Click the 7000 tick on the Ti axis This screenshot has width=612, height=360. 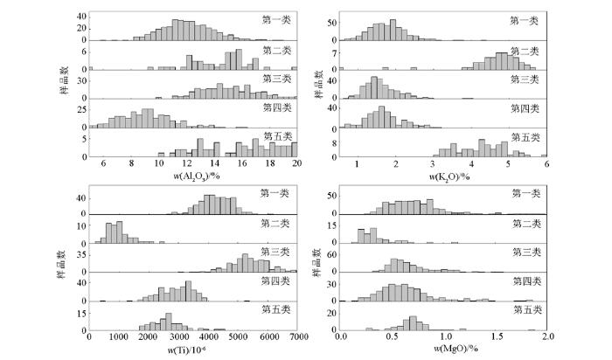pyautogui.click(x=297, y=336)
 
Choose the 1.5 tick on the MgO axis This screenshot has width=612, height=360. pyautogui.click(x=497, y=336)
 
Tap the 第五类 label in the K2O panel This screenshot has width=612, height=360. pyautogui.click(x=526, y=136)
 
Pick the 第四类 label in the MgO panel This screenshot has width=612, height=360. pyautogui.click(x=527, y=280)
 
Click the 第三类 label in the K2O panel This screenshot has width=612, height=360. pyautogui.click(x=526, y=80)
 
